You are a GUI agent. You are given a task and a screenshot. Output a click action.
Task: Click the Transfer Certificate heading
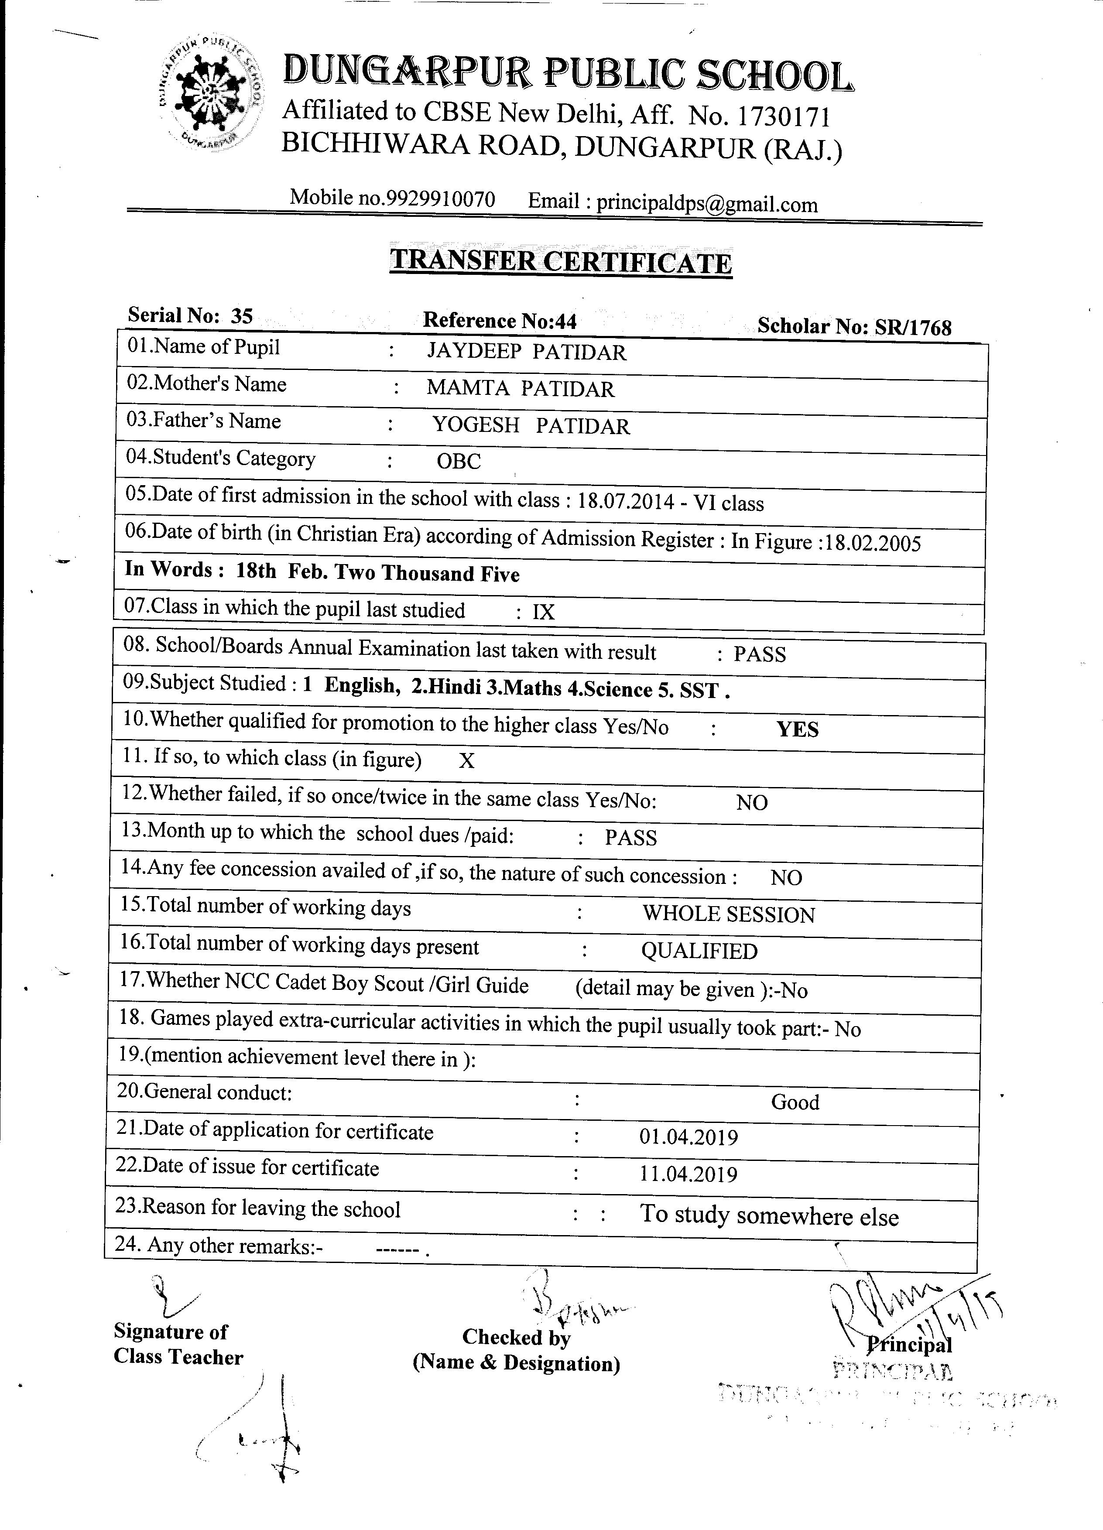coord(561,261)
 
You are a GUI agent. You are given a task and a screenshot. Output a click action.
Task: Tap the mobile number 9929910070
coord(440,199)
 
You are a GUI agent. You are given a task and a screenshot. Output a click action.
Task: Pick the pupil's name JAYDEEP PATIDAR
coord(526,352)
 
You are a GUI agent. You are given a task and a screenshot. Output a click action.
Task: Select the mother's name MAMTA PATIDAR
coord(520,389)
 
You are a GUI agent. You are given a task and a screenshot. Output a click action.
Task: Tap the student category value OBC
coord(459,462)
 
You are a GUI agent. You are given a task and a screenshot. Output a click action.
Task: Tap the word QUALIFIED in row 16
coord(699,951)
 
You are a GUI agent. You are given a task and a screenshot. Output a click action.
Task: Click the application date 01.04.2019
coord(688,1137)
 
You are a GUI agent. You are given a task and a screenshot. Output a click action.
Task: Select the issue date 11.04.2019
coord(688,1174)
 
